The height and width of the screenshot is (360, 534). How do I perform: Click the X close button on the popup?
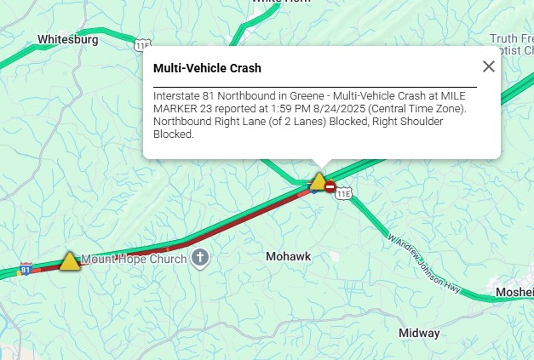tap(488, 66)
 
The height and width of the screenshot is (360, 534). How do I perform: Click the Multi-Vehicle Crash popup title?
tap(207, 67)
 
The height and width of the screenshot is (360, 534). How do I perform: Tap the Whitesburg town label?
tap(68, 39)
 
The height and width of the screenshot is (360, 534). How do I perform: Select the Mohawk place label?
tap(289, 256)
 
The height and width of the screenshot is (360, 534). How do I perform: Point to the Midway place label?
tap(419, 332)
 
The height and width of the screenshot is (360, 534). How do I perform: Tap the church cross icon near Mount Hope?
tap(200, 257)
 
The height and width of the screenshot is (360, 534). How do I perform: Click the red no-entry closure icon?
tap(330, 186)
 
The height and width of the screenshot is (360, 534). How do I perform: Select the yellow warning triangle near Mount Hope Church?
tap(70, 261)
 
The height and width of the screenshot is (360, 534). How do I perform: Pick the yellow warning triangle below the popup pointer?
tap(318, 181)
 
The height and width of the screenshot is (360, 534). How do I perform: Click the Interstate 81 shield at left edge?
tap(26, 269)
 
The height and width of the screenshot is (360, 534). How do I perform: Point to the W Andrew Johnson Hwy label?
tap(423, 264)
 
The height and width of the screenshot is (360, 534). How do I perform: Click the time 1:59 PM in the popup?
tap(271, 110)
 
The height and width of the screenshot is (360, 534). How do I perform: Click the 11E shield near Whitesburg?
tap(142, 43)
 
